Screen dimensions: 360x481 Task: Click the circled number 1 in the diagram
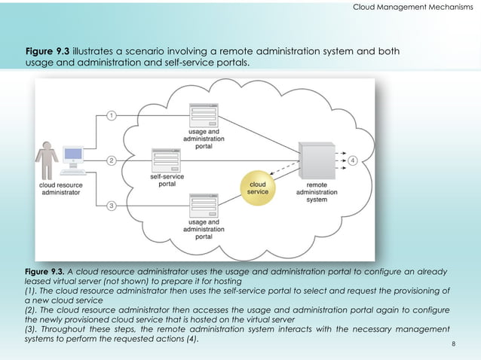point(112,115)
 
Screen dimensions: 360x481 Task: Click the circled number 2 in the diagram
point(112,160)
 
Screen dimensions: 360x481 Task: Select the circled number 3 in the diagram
point(112,206)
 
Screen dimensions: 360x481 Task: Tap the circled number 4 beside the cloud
point(354,160)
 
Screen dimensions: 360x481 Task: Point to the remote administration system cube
point(316,160)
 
